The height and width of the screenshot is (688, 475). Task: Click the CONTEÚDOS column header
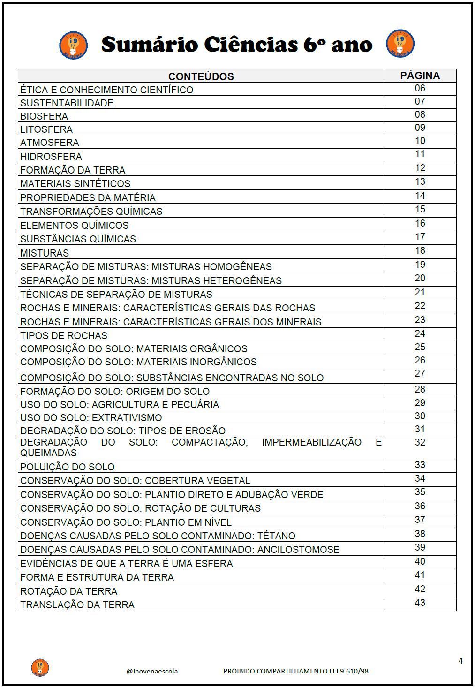[201, 76]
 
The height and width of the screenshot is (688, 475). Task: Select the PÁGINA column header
[420, 76]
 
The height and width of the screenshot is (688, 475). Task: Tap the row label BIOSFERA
[44, 116]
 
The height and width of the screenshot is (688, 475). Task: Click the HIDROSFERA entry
[51, 157]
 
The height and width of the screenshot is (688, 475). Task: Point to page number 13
[420, 181]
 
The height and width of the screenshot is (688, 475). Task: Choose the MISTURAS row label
[45, 253]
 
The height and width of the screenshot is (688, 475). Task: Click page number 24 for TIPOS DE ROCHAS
[420, 333]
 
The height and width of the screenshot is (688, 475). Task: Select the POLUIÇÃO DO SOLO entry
[67, 467]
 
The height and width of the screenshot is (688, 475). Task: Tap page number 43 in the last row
[420, 603]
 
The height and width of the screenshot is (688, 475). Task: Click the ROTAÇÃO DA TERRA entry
[68, 591]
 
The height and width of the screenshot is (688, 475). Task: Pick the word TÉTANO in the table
[277, 536]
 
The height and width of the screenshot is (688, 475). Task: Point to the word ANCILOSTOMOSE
[298, 550]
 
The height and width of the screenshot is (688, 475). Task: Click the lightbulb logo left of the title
[74, 45]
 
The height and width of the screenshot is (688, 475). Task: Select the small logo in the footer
[40, 667]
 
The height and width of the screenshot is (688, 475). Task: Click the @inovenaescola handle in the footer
[152, 671]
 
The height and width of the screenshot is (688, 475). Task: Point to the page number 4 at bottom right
[460, 661]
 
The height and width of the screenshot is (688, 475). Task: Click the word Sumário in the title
[143, 45]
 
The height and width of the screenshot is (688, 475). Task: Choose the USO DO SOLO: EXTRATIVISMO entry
[91, 418]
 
